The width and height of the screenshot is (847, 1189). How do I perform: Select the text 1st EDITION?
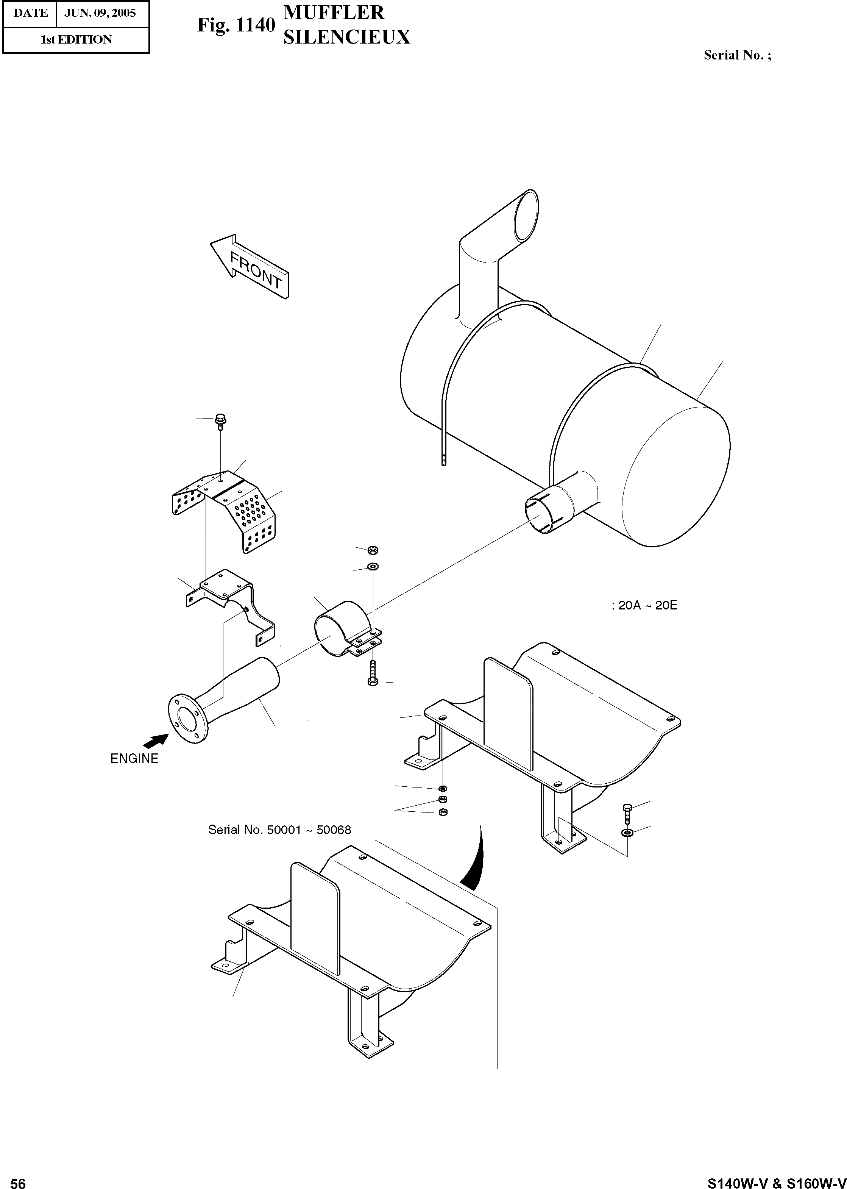click(76, 40)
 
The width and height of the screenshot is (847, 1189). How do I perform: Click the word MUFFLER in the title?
click(334, 12)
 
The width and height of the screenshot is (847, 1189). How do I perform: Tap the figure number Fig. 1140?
click(236, 25)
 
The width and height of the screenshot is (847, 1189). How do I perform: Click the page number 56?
click(18, 1169)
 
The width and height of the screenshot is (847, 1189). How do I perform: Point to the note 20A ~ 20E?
click(645, 605)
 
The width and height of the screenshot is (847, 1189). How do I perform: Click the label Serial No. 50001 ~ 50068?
click(279, 830)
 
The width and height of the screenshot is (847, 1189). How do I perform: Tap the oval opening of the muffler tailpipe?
click(526, 214)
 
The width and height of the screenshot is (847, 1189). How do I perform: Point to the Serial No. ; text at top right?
click(737, 55)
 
